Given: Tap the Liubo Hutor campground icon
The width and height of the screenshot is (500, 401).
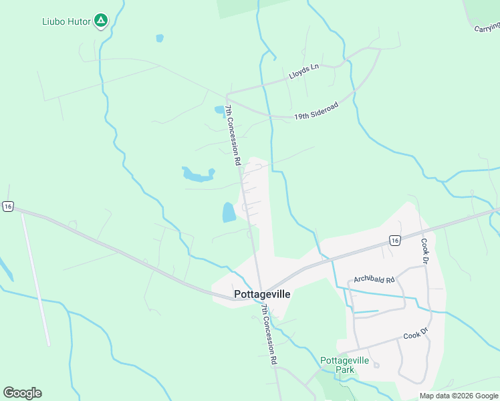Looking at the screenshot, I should click(100, 21).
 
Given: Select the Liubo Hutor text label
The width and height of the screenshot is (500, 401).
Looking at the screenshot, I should click(66, 21).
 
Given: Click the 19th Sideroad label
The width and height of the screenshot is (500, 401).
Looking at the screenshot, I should click(316, 111).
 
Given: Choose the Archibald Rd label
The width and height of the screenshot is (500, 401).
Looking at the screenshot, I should click(374, 279).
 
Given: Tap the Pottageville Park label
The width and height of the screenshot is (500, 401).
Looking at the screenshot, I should click(345, 364).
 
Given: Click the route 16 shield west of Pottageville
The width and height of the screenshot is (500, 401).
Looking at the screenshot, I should click(7, 207).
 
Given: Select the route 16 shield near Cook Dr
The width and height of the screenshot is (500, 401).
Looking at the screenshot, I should click(394, 240).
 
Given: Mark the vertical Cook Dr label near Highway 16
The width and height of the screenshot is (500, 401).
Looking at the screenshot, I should click(423, 250).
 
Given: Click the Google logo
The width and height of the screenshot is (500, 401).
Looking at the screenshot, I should click(22, 393).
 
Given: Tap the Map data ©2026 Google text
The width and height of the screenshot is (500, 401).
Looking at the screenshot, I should click(459, 396).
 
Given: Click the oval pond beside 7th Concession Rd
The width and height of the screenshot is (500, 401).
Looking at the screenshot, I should click(229, 213).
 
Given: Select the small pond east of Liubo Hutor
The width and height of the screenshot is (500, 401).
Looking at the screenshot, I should click(159, 38).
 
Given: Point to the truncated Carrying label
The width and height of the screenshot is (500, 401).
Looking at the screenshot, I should click(487, 27).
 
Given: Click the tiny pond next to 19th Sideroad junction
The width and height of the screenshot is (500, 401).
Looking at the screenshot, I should click(219, 109).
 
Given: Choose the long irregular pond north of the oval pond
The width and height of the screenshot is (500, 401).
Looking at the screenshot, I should click(197, 175).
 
